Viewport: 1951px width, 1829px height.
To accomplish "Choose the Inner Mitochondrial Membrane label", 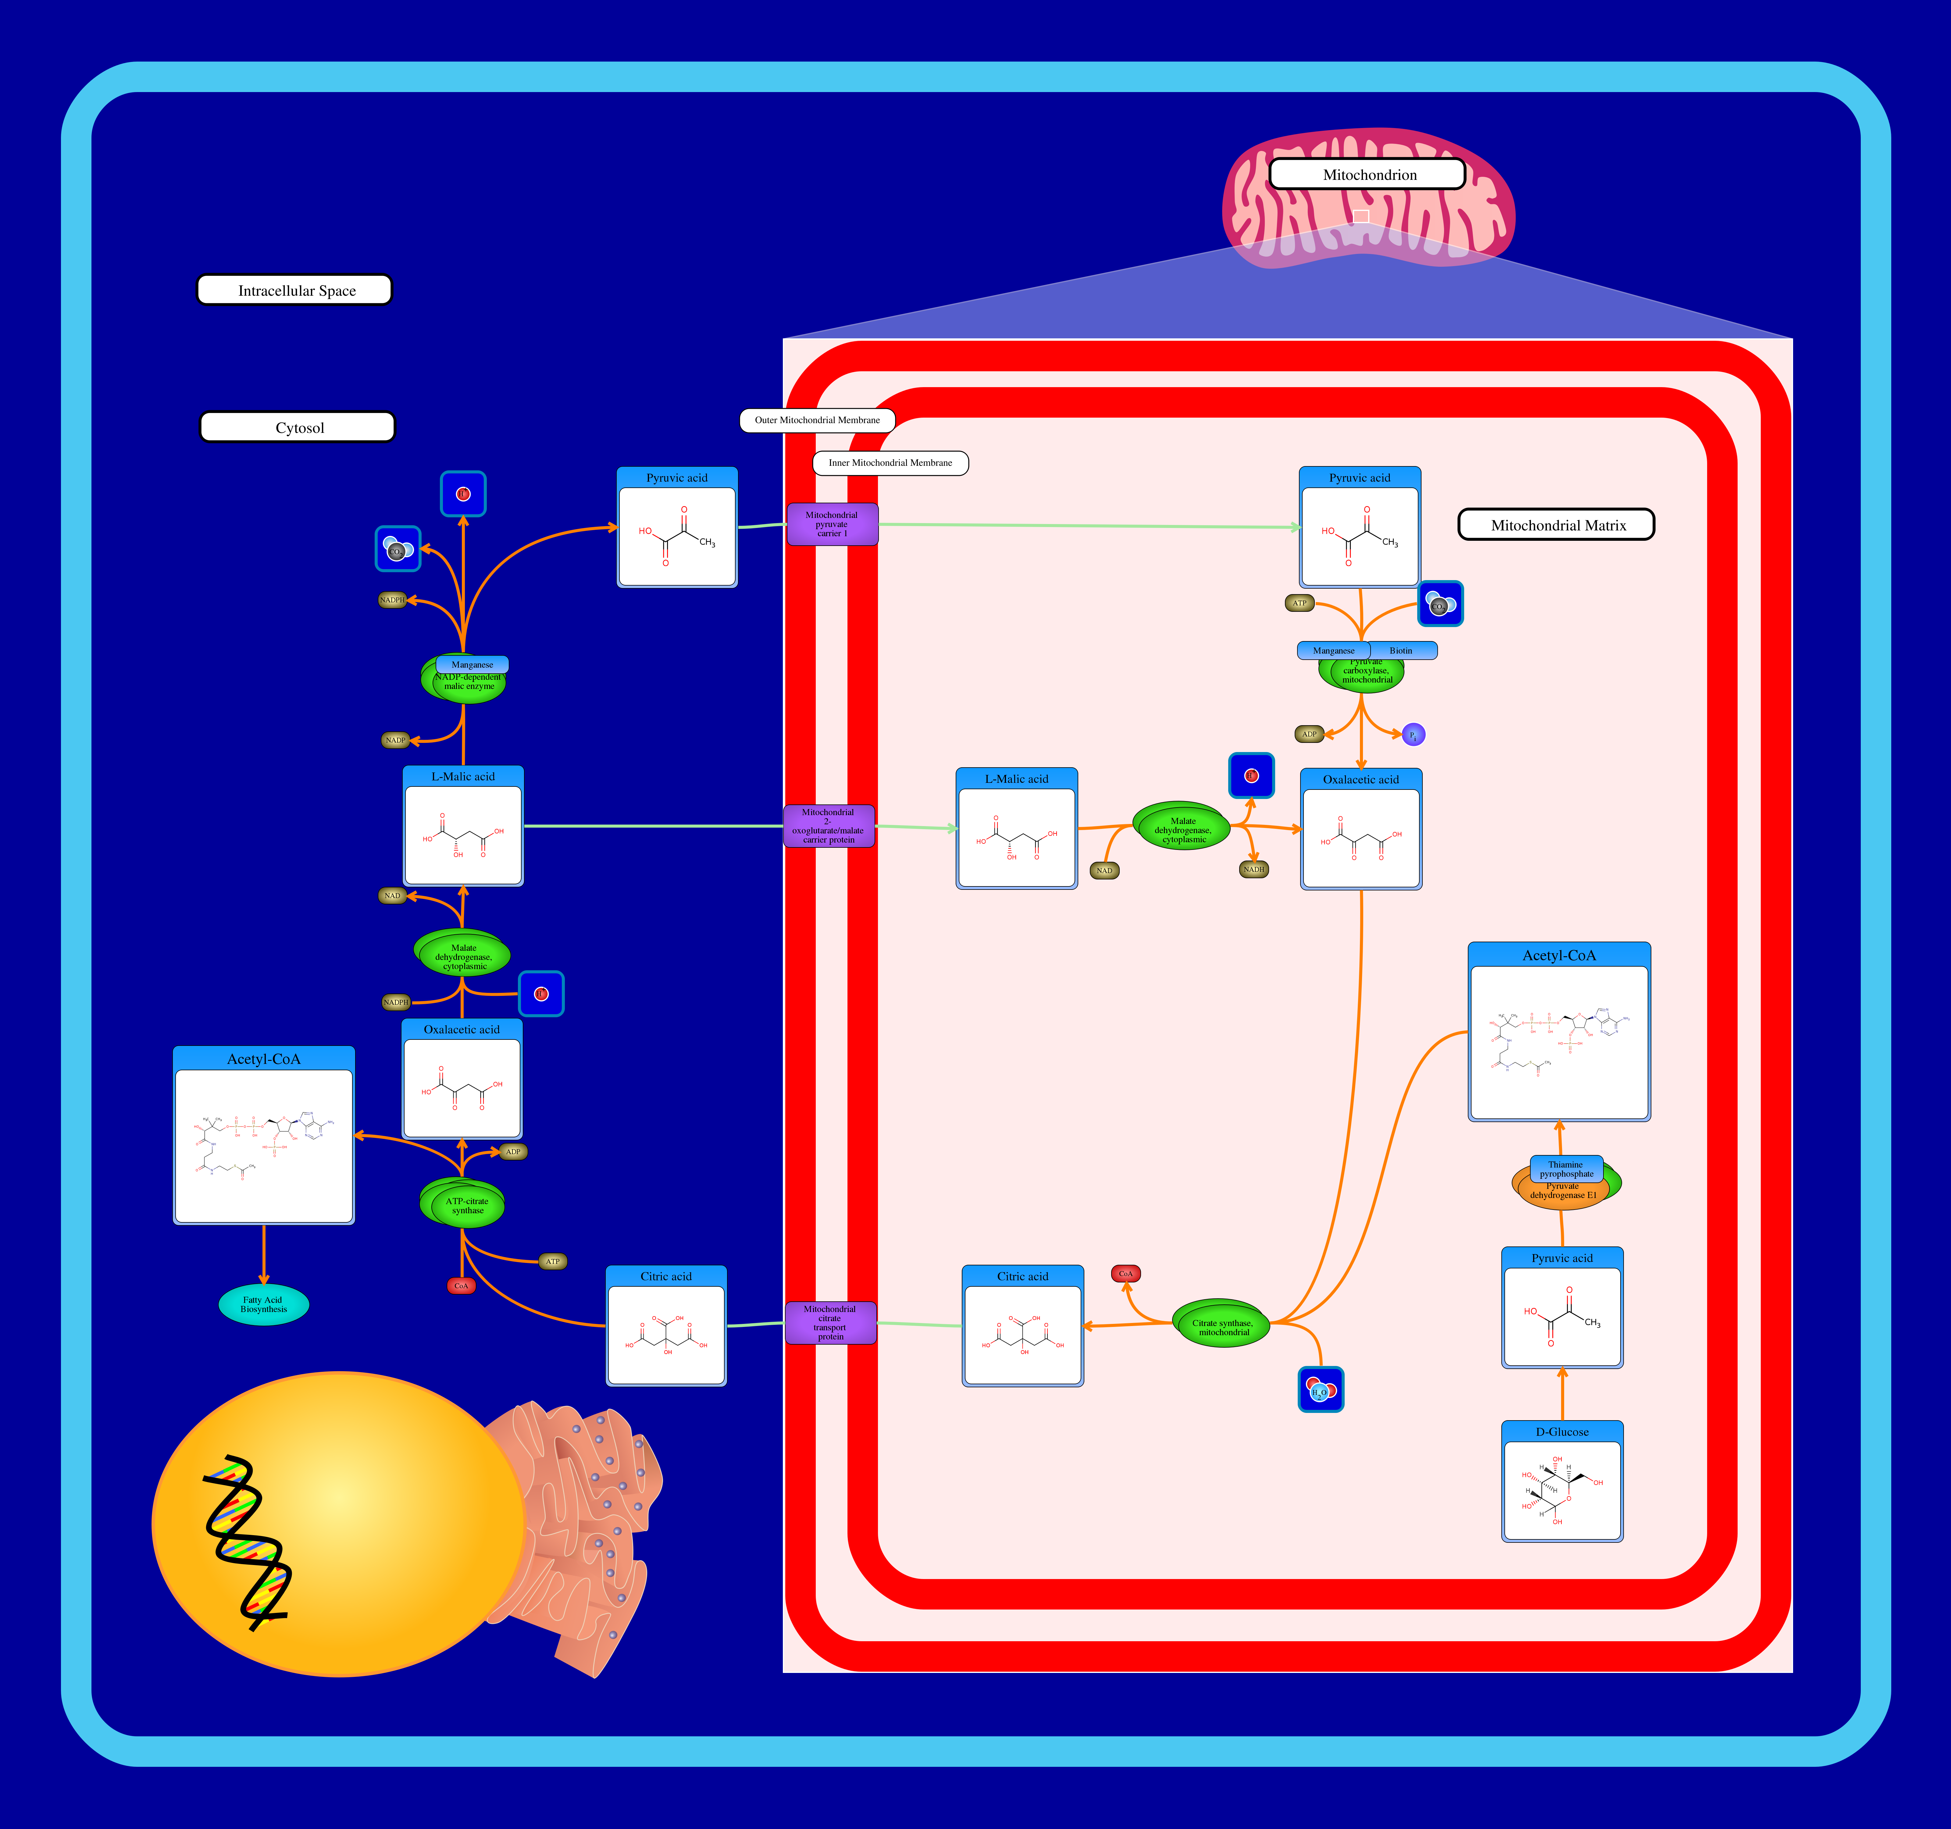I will click(890, 463).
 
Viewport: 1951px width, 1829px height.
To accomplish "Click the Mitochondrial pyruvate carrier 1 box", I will click(831, 524).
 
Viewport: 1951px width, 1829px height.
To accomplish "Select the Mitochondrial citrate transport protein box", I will click(830, 1323).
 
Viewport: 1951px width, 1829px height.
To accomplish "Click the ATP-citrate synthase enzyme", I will click(465, 1205).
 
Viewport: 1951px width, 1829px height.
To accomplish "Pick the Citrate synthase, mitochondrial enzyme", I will click(1223, 1327).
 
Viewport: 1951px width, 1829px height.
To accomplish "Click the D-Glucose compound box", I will click(1561, 1482).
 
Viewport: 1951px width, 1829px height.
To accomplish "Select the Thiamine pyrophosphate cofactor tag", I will click(1566, 1169).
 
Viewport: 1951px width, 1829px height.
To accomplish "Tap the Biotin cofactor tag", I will click(1401, 651).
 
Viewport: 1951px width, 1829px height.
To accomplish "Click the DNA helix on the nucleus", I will click(245, 1541).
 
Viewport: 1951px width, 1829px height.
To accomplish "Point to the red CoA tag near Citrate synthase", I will click(1126, 1274).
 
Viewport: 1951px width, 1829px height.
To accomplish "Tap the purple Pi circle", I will click(1413, 735).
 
